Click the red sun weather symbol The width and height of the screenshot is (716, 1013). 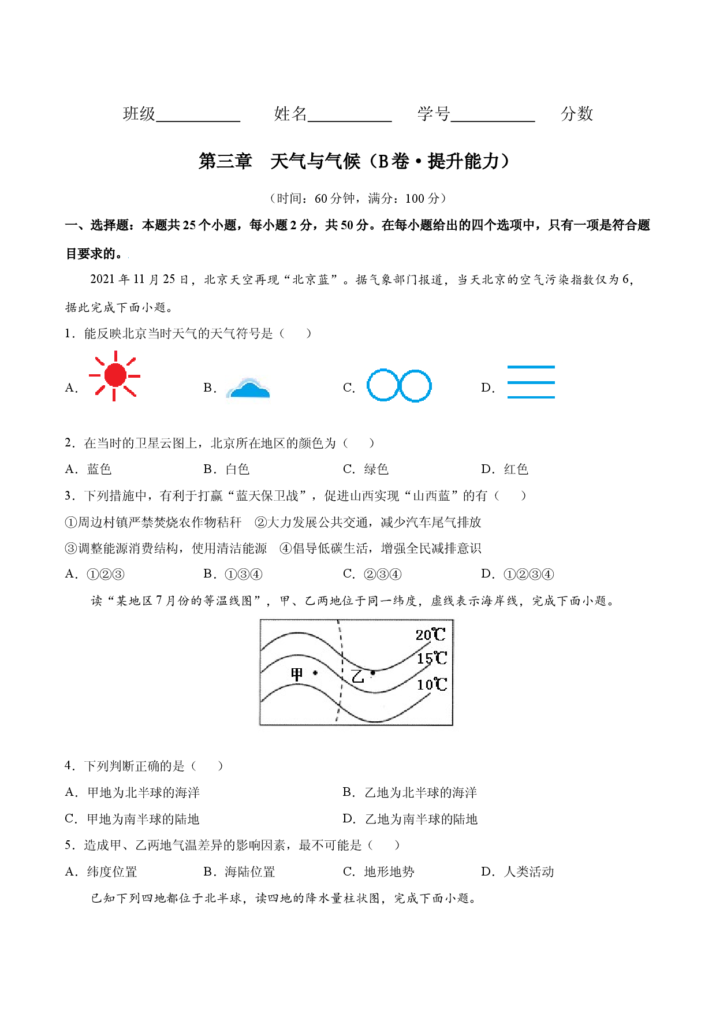click(x=114, y=375)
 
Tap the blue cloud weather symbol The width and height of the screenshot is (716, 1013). click(x=248, y=388)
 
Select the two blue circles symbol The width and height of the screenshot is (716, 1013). click(x=399, y=385)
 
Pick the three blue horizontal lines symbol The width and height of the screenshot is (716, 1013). click(x=531, y=382)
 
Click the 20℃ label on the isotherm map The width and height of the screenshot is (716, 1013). click(x=431, y=635)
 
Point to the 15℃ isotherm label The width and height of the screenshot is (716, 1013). click(x=432, y=658)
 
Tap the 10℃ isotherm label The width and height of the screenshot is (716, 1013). click(x=432, y=684)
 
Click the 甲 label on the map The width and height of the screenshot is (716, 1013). click(x=297, y=674)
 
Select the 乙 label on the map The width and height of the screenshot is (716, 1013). click(x=358, y=676)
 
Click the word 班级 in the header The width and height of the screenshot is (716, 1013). click(x=139, y=114)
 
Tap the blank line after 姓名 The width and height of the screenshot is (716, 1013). click(x=350, y=121)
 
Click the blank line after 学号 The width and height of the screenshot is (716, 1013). click(x=493, y=121)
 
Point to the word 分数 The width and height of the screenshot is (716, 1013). click(x=577, y=114)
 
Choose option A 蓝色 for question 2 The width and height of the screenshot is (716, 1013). click(x=88, y=469)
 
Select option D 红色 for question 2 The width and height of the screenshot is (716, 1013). click(x=505, y=469)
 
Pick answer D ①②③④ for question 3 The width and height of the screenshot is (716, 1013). click(x=517, y=574)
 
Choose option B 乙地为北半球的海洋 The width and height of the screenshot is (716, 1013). click(x=410, y=792)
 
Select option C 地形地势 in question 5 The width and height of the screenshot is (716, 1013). click(x=379, y=872)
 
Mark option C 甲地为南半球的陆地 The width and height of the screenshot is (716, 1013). click(x=132, y=819)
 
